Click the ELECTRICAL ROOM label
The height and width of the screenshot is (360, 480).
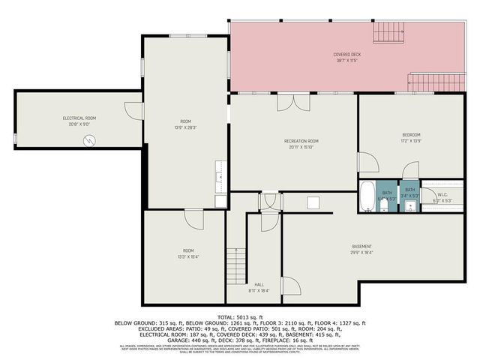point(79,118)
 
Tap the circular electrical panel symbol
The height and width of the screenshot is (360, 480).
point(90,140)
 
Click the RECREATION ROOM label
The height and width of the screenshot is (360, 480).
point(301,141)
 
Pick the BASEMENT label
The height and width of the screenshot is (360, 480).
point(363,247)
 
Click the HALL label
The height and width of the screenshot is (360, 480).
point(259,284)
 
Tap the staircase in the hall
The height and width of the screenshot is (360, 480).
point(237,264)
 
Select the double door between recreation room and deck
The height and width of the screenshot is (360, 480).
point(289,102)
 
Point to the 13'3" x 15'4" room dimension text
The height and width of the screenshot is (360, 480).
point(188,256)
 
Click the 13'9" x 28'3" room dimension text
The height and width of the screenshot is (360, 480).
point(185,127)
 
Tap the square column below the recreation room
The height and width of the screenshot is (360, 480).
point(313,202)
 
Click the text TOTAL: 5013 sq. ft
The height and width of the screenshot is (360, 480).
point(240,317)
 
